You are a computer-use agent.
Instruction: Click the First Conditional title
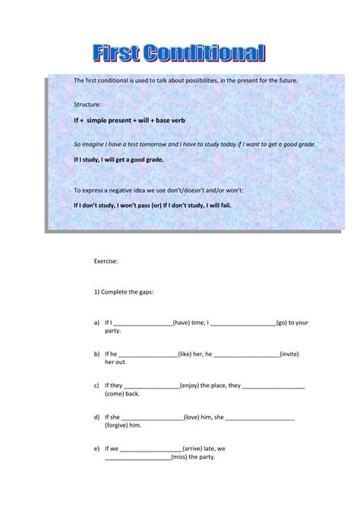tap(179, 54)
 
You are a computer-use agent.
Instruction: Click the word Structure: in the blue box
tap(87, 102)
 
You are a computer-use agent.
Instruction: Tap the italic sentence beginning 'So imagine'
tap(194, 143)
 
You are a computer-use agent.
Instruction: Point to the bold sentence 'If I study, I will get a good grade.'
tap(118, 160)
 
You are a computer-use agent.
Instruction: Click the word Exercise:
tap(106, 260)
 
